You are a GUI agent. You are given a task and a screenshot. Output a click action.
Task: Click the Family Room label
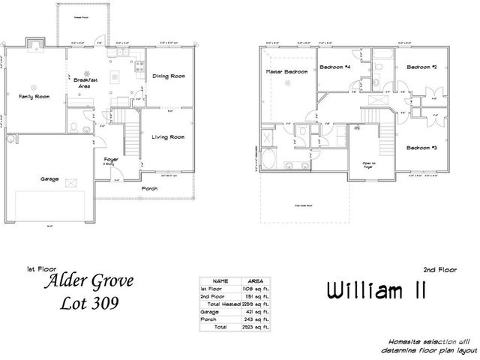coord(34,97)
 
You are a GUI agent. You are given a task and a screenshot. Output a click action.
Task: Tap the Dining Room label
coord(169,76)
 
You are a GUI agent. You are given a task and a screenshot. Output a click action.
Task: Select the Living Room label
coord(168,137)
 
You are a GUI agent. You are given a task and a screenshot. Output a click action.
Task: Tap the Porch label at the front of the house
coord(150,188)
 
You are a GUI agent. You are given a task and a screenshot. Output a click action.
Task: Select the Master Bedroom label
coord(283,72)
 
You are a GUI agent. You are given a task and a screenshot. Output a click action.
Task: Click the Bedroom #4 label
coord(335,67)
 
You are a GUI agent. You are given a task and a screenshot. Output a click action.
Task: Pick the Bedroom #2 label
coord(421,67)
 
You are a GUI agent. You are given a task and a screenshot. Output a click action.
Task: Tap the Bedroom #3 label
coord(421,148)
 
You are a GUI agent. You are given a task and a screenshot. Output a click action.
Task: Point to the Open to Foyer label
coord(368,164)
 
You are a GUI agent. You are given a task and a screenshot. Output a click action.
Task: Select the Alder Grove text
coord(90,283)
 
